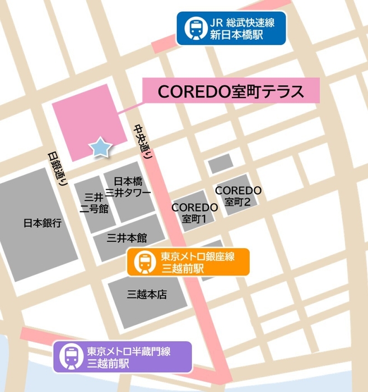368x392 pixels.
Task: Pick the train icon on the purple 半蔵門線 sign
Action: (72, 357)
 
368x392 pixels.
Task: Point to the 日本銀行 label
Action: (43, 222)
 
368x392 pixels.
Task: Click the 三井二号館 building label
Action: (93, 203)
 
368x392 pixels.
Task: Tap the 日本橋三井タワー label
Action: (132, 187)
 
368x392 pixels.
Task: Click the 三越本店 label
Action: (147, 294)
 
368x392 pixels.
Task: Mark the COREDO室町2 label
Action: (238, 195)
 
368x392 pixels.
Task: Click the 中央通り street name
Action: (143, 143)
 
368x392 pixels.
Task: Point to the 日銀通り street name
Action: (57, 168)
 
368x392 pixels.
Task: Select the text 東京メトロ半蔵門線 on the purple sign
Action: (128, 352)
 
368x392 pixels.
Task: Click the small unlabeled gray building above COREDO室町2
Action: (220, 163)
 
